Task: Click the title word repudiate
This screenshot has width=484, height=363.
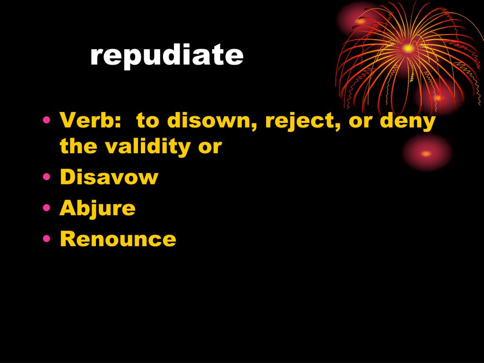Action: [x=167, y=56]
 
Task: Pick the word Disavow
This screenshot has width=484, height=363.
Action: [x=109, y=177]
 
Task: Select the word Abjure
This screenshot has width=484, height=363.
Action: [x=97, y=208]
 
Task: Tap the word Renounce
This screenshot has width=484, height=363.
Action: [x=118, y=239]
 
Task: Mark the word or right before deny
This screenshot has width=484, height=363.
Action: [x=360, y=122]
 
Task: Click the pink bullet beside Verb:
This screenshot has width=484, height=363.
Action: [x=47, y=120]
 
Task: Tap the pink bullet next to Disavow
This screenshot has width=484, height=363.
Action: [x=47, y=177]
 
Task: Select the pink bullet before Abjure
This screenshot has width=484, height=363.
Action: [x=47, y=207]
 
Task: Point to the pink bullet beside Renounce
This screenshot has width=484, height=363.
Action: [x=47, y=238]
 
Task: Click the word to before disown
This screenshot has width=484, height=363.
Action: [x=148, y=121]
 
